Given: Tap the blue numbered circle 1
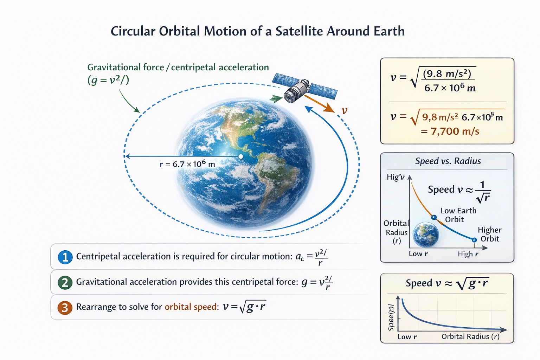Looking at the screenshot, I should (65, 257).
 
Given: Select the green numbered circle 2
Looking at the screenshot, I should (65, 282).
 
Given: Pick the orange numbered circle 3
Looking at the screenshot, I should (65, 308).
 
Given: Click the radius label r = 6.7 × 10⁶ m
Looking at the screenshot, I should (187, 164).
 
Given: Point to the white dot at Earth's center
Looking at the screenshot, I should (241, 156).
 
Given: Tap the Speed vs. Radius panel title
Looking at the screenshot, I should (448, 161).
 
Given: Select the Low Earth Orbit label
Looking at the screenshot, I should (458, 215).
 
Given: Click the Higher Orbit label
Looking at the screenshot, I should (489, 234).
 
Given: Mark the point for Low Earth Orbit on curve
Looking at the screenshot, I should (434, 218).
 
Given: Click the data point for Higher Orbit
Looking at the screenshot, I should (474, 240).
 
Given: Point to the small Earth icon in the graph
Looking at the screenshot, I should (426, 234).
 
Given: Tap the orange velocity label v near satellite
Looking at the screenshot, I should (345, 110).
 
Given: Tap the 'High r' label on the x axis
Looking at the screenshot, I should (468, 254).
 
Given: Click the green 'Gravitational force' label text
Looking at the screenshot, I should (126, 67).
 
